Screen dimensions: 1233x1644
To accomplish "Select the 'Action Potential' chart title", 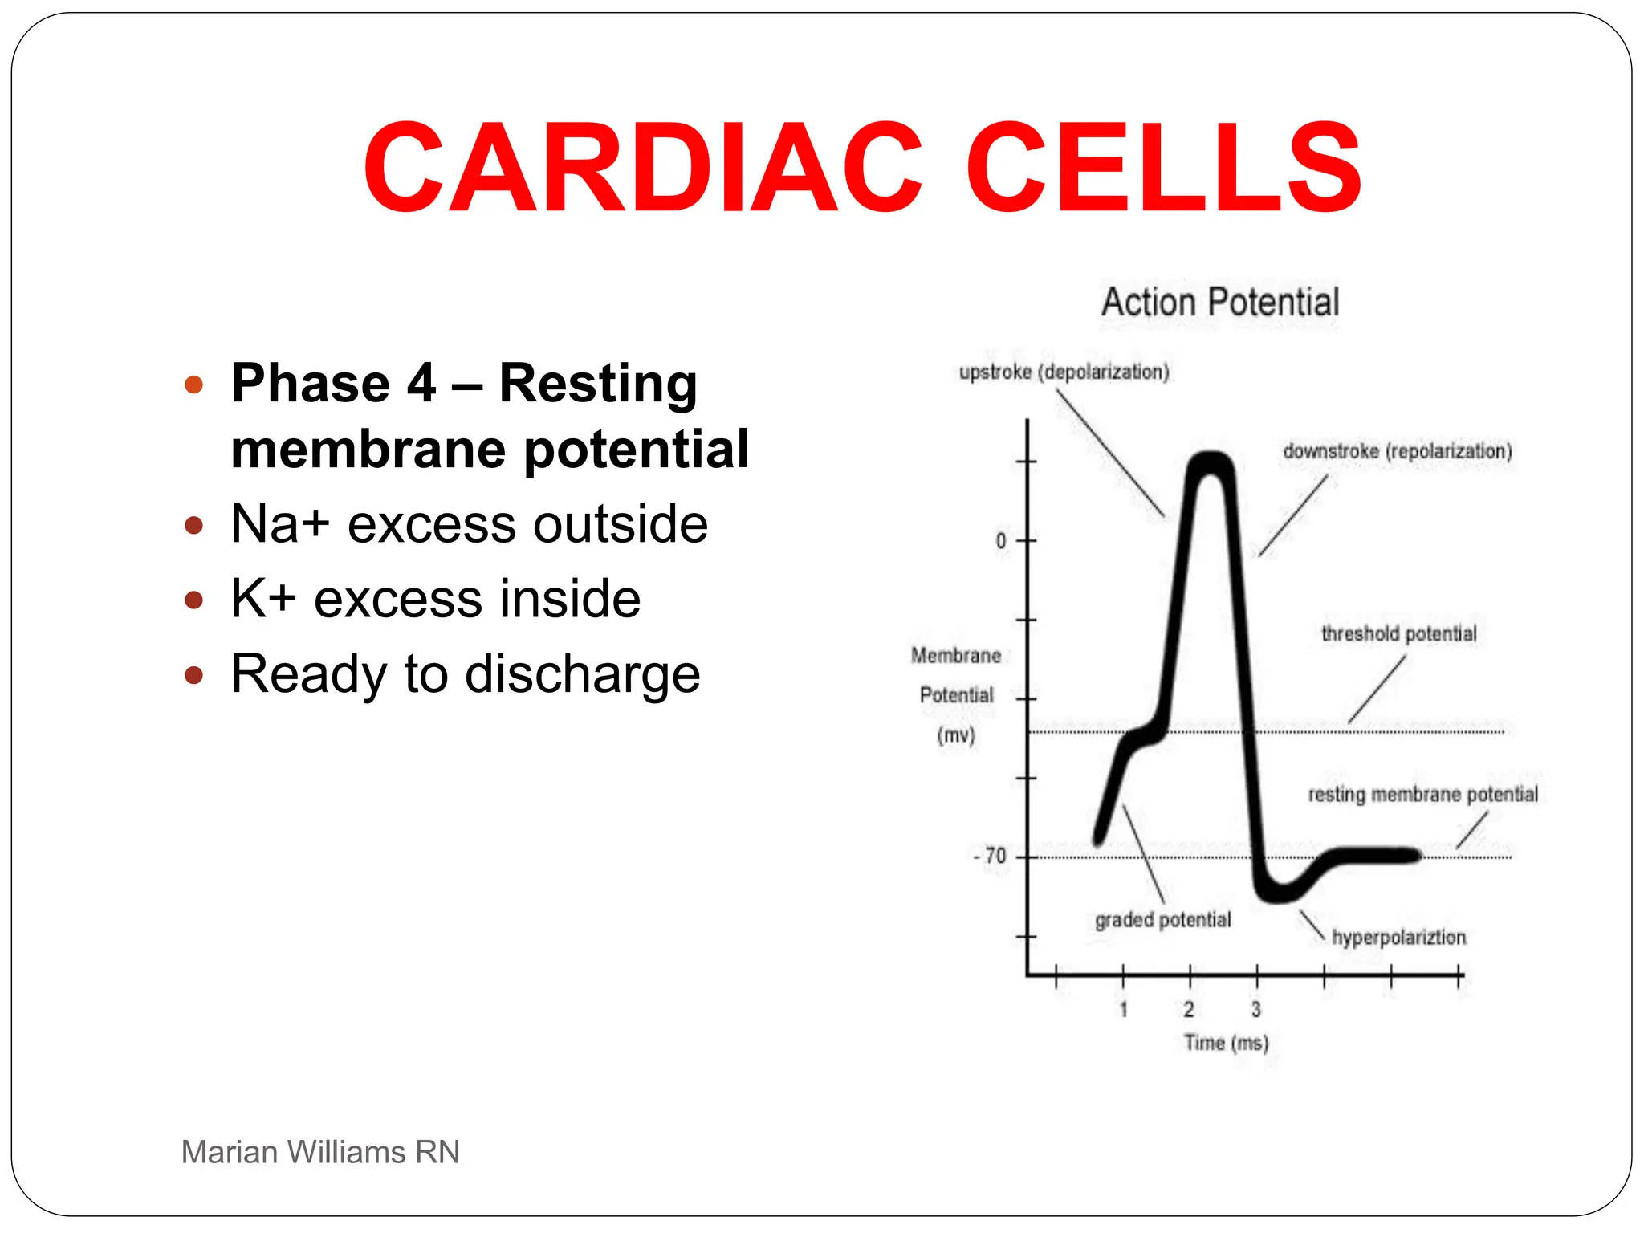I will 1219,303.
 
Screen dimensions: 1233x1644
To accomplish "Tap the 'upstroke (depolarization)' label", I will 1064,372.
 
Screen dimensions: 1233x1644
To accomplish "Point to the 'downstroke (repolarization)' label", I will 1397,451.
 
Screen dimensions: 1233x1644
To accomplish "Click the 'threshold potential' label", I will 1398,633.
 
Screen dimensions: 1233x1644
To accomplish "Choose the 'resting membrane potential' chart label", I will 1422,794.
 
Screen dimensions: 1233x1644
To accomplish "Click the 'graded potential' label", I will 1162,919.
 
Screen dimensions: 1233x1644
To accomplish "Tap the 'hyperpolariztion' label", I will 1398,937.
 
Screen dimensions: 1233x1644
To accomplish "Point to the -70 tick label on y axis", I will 991,856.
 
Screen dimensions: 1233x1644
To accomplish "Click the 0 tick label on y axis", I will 1000,540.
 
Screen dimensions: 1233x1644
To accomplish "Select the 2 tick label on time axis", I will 1189,1009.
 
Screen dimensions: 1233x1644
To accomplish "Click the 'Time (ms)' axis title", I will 1226,1043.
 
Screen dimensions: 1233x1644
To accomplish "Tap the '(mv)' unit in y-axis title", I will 955,735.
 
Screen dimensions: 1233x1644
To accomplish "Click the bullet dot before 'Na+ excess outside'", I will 193,526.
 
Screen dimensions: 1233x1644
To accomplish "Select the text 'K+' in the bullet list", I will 263,599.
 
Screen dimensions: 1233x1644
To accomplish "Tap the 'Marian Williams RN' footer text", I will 320,1152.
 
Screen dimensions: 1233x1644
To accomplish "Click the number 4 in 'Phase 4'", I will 421,383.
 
